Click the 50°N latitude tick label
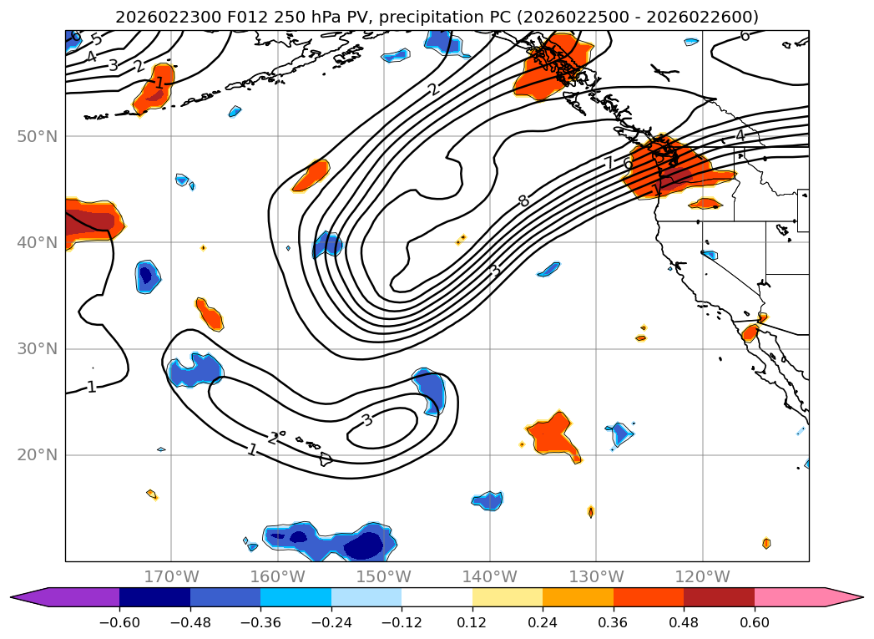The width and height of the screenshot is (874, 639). [x=38, y=136]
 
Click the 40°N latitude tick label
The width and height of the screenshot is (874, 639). [x=38, y=242]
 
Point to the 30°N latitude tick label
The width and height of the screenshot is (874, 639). [x=38, y=349]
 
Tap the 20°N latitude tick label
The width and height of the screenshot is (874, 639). [x=38, y=455]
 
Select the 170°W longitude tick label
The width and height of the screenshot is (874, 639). [x=171, y=576]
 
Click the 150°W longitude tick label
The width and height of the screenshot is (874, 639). [x=384, y=576]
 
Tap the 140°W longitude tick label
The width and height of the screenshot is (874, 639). [x=490, y=576]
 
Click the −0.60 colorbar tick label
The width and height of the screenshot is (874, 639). [x=119, y=622]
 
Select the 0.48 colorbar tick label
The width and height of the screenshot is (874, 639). [x=684, y=622]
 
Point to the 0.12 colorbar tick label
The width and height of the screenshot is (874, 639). [x=472, y=622]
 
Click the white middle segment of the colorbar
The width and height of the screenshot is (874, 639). [x=437, y=597]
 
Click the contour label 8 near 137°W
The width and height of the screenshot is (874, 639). [x=523, y=200]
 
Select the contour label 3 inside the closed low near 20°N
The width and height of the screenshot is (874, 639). [x=366, y=420]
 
